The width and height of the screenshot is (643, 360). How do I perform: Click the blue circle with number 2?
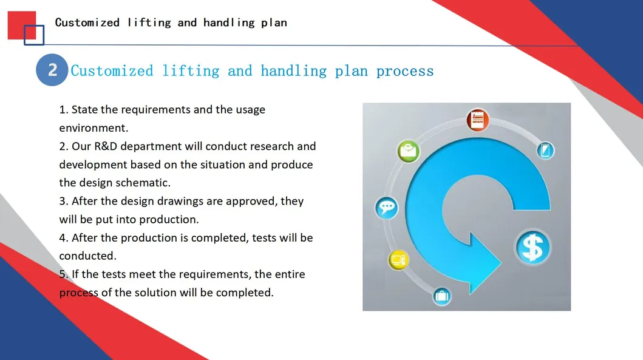[52, 70]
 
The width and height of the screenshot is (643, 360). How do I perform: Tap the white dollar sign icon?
[532, 248]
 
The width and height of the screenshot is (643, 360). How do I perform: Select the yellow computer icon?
[398, 260]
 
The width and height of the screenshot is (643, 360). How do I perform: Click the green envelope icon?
[408, 151]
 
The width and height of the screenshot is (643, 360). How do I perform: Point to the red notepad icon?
[477, 120]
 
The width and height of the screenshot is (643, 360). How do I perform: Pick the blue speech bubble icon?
[386, 208]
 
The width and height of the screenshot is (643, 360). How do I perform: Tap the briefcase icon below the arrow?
[441, 296]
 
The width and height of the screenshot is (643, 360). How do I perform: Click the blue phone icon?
[545, 151]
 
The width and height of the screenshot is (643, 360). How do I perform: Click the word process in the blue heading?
[405, 71]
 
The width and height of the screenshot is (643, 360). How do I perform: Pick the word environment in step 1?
[94, 128]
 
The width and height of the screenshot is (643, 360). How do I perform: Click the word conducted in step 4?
[88, 256]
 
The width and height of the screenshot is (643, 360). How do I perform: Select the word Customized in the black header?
[87, 22]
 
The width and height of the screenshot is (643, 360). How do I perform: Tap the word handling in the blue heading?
[294, 71]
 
